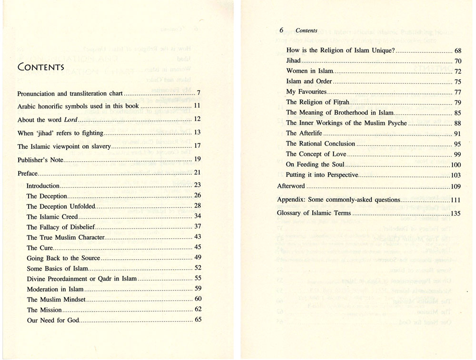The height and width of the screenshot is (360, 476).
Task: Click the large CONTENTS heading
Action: (x=40, y=67)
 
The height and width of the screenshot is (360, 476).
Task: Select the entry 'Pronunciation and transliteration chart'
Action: (x=70, y=94)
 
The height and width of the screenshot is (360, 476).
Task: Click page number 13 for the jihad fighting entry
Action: (x=198, y=133)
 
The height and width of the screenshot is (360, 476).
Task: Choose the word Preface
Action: (x=27, y=174)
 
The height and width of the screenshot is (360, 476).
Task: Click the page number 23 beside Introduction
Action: (x=198, y=185)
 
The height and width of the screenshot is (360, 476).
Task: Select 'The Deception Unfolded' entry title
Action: (x=61, y=206)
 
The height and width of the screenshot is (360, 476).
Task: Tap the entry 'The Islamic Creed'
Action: (x=52, y=217)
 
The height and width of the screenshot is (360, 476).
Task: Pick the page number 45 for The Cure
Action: (x=198, y=247)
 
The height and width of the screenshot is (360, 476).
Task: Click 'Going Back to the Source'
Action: (x=63, y=258)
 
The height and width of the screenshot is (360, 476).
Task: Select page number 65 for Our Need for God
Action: (x=198, y=320)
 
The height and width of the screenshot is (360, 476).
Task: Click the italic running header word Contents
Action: (x=306, y=30)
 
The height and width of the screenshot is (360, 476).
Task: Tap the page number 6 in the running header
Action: (x=281, y=30)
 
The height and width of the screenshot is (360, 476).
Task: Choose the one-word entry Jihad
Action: (x=293, y=61)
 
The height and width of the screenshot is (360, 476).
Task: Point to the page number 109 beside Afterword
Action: (x=455, y=186)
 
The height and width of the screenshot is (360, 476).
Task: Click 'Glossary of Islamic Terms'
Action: (x=314, y=213)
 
